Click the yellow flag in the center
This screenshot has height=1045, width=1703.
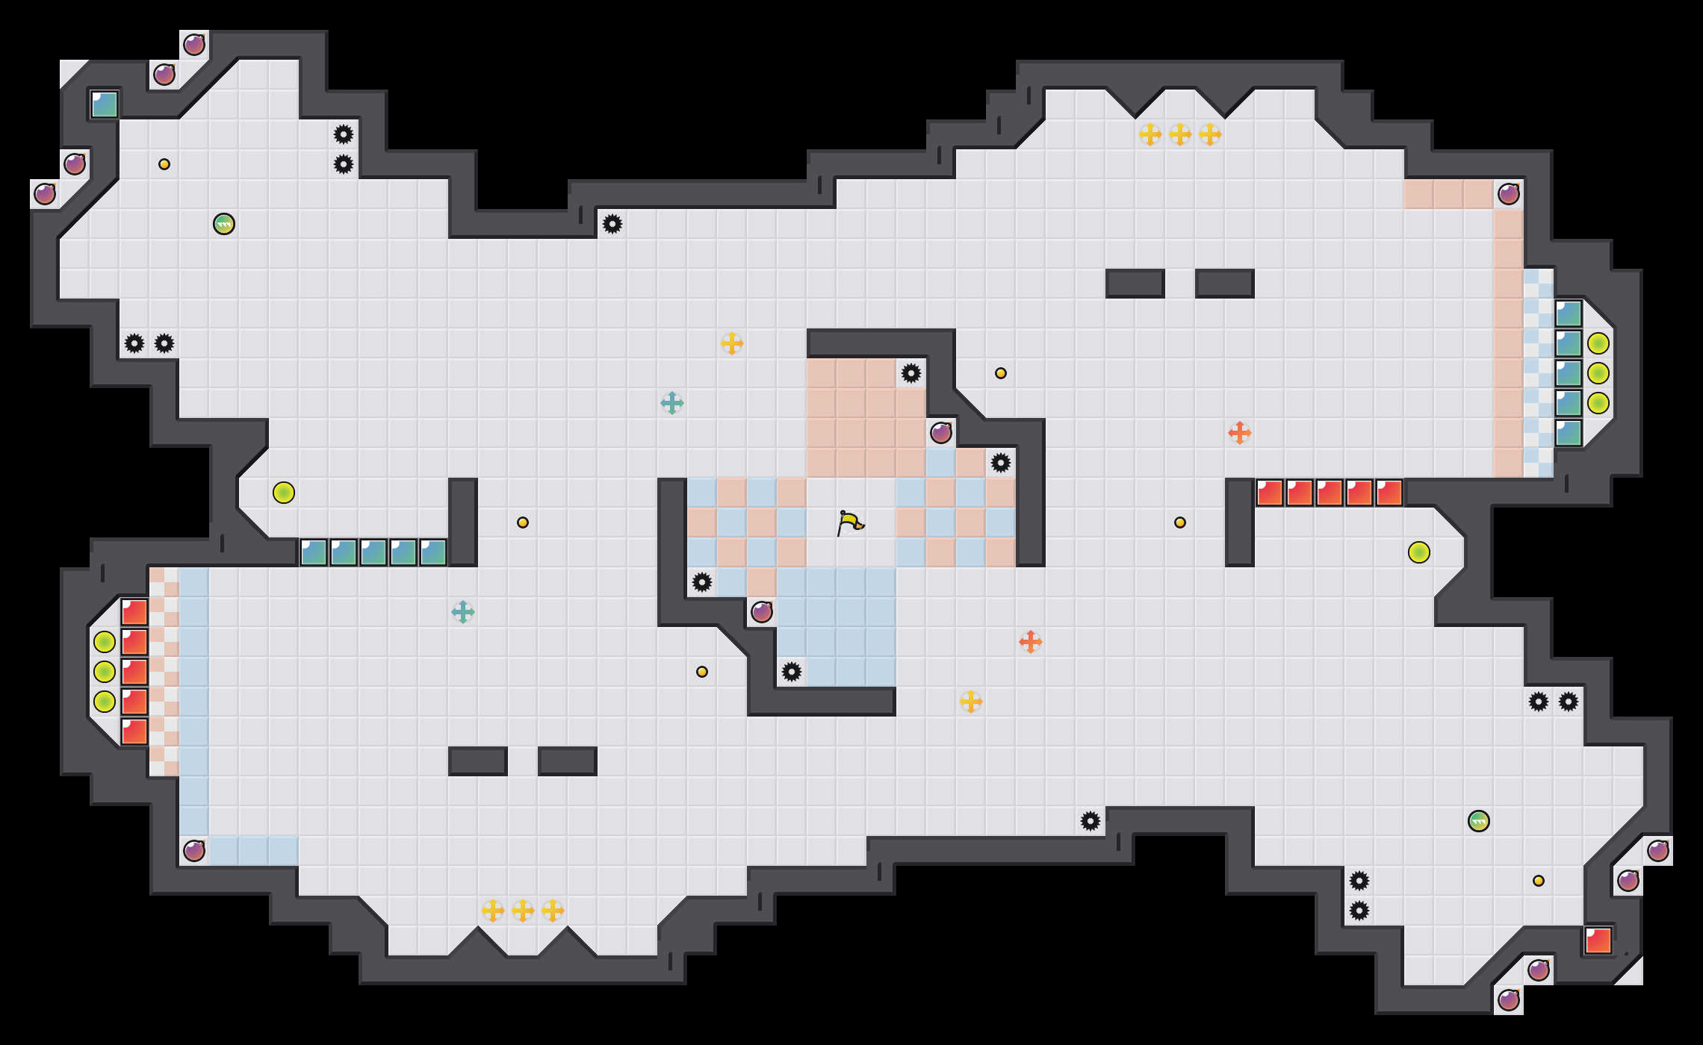click(x=850, y=522)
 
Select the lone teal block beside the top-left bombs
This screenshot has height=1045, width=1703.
click(x=105, y=104)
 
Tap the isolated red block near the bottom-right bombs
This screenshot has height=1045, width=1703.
click(x=1598, y=940)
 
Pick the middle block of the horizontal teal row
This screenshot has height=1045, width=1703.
click(x=373, y=552)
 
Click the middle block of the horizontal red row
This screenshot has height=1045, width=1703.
click(x=1330, y=493)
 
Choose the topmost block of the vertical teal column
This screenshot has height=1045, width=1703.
click(x=1569, y=313)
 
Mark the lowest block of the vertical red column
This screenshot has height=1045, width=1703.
click(x=134, y=731)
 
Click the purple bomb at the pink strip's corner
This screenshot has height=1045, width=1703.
click(x=1509, y=194)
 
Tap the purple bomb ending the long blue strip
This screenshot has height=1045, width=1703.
click(x=194, y=851)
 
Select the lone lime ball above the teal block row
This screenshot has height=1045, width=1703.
click(x=284, y=493)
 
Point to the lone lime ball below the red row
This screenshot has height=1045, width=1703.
click(x=1419, y=552)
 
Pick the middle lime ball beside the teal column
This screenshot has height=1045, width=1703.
click(x=1598, y=373)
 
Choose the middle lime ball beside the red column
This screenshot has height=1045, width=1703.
click(x=105, y=672)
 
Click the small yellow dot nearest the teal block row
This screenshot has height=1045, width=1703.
click(x=523, y=522)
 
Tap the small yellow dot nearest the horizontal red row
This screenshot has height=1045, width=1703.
click(x=1180, y=522)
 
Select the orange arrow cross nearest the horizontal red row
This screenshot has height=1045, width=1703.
click(x=1240, y=433)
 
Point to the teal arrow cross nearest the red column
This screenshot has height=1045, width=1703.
click(x=463, y=612)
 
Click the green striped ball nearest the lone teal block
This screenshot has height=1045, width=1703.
click(x=224, y=224)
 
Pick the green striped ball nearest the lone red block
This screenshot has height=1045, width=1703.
click(x=1479, y=821)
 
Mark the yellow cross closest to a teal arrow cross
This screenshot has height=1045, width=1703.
click(x=732, y=343)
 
